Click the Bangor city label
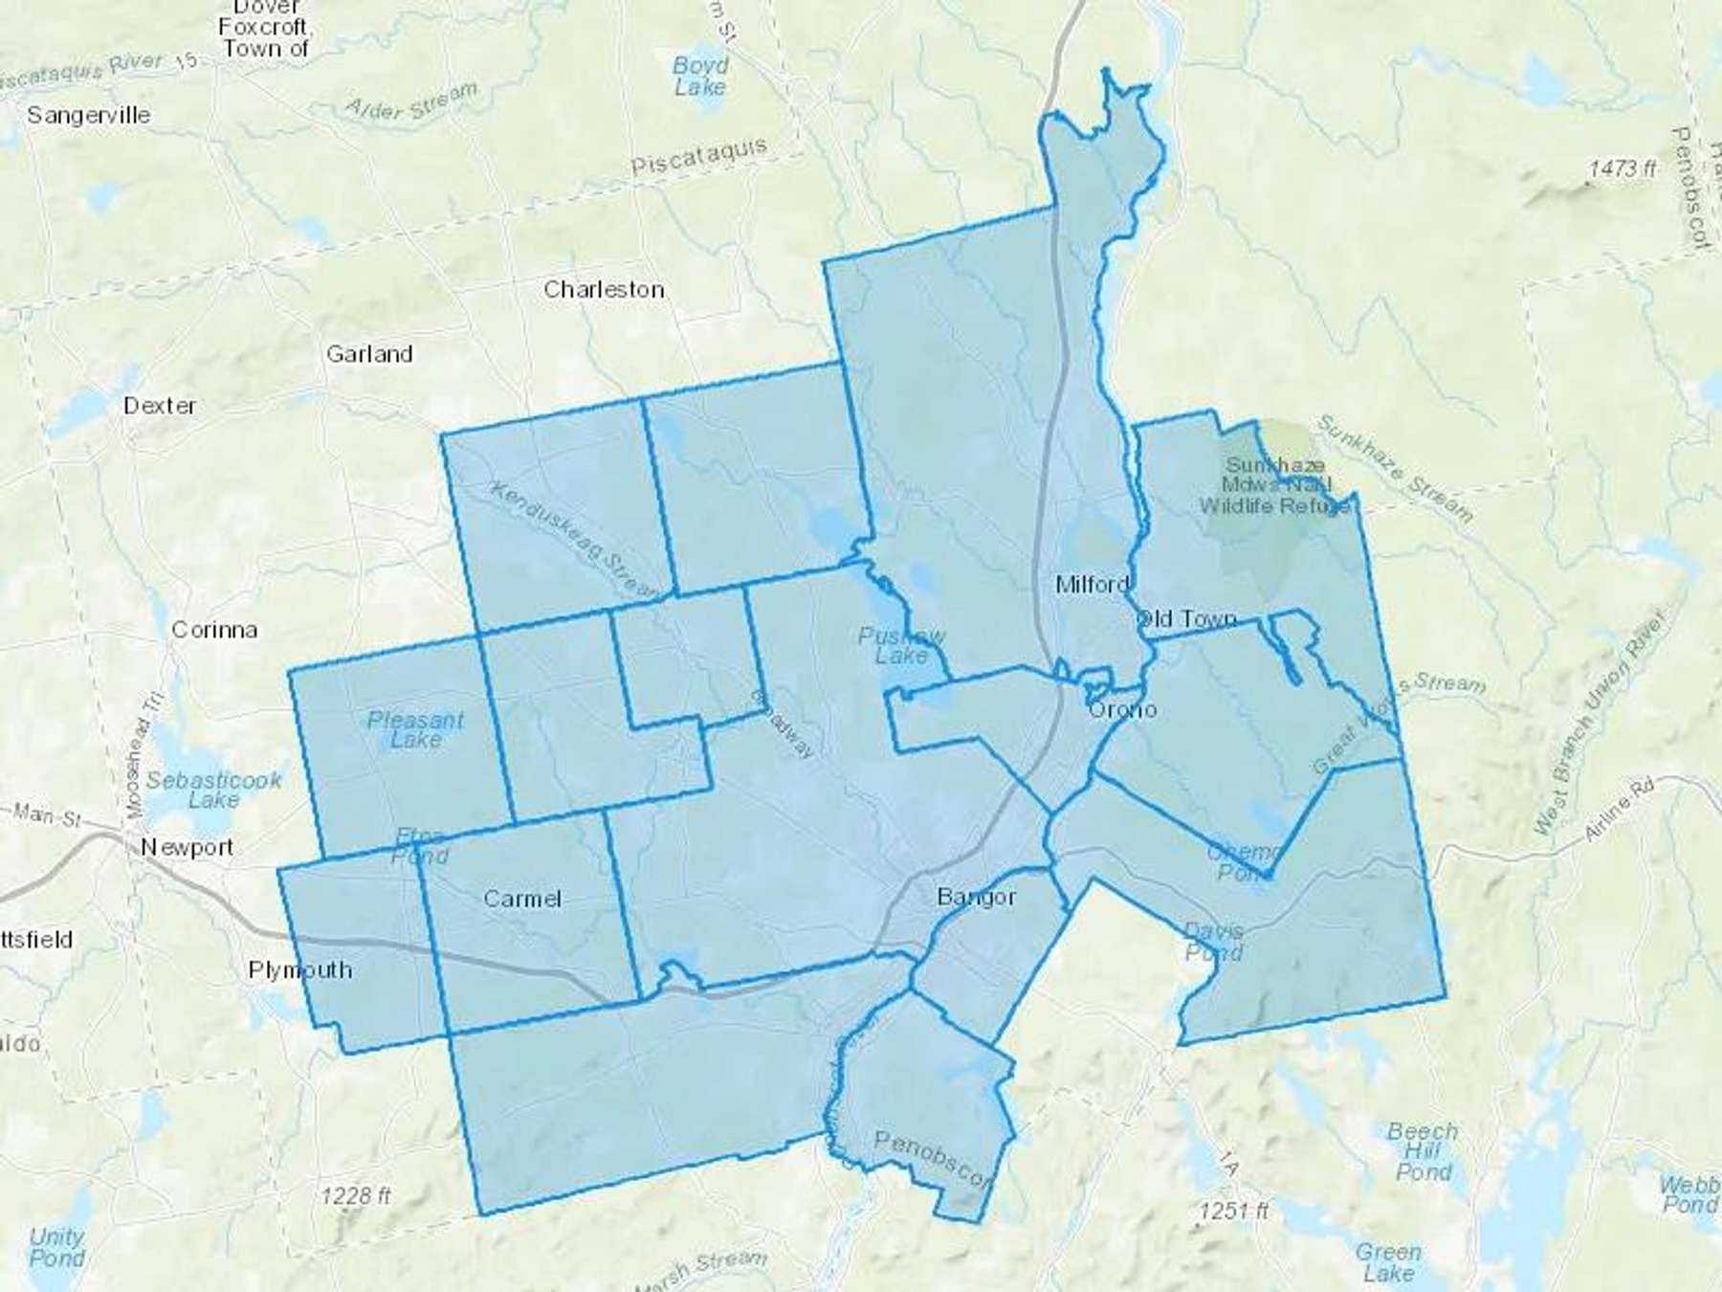pos(976,897)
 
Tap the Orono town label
pos(1122,709)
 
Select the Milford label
pos(1092,584)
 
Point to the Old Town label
pos(1186,619)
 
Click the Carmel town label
pos(521,898)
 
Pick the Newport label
pos(187,847)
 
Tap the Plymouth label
pos(299,969)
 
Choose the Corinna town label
pos(214,630)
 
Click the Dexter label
pos(160,406)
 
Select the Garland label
pos(369,354)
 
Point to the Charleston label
pos(604,289)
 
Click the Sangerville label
pos(88,115)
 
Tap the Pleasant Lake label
pos(416,729)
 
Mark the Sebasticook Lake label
pos(213,790)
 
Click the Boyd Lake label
pos(700,76)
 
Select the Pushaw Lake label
pos(901,646)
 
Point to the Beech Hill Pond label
pos(1423,1151)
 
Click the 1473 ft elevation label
pos(1622,169)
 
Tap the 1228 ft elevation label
pos(355,1195)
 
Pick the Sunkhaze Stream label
pos(1394,468)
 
